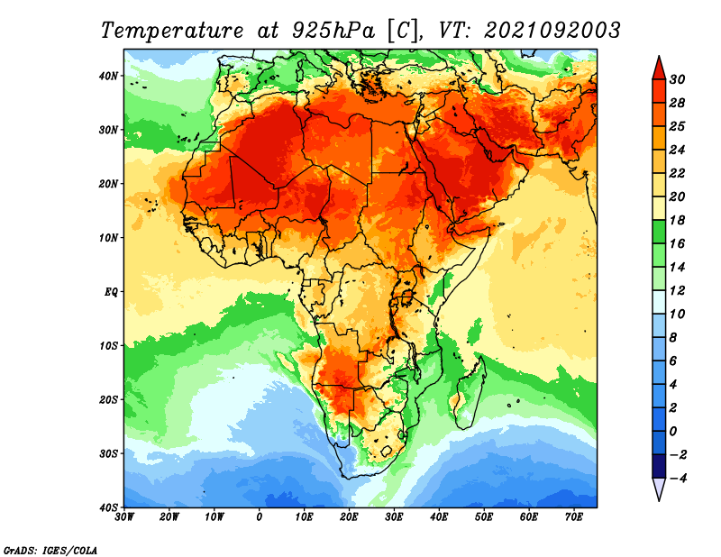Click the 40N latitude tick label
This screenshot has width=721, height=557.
(x=108, y=76)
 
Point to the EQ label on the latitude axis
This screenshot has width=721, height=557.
(x=112, y=292)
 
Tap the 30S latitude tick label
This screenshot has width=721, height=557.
(x=108, y=453)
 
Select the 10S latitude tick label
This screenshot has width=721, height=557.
(x=108, y=345)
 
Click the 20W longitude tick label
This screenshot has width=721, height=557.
(x=169, y=517)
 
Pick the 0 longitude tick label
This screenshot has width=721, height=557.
(x=260, y=517)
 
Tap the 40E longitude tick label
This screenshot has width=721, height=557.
(x=439, y=517)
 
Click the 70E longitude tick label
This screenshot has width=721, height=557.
(x=574, y=517)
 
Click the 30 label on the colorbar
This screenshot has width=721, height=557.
(x=677, y=79)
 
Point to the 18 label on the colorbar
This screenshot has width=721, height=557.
(x=677, y=220)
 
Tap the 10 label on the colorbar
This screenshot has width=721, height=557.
(x=677, y=315)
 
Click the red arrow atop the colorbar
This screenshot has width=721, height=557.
(x=659, y=69)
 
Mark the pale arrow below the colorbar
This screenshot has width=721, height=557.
(x=659, y=488)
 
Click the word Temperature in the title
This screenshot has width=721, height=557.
(x=172, y=31)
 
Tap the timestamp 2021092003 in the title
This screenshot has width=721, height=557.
(x=552, y=31)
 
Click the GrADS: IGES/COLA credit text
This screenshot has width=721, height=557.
(x=50, y=551)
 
